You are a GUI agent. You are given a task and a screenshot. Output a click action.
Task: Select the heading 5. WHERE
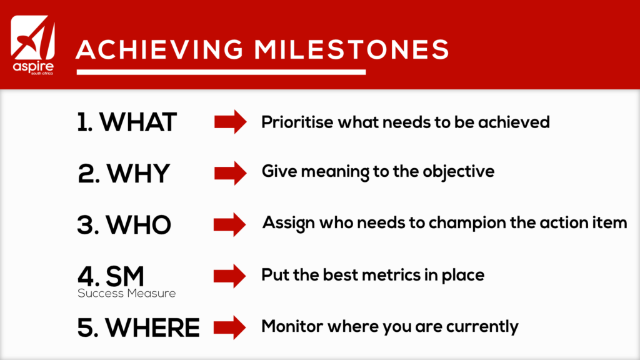tap(138, 327)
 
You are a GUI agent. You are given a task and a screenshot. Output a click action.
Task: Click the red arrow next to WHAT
tap(230, 122)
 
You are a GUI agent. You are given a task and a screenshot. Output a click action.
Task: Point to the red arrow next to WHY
tap(230, 173)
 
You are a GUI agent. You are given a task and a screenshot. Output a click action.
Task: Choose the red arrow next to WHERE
tap(230, 327)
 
